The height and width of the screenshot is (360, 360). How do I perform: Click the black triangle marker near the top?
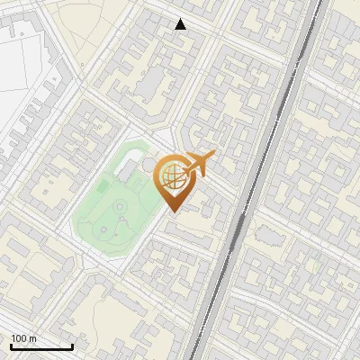tap(181, 24)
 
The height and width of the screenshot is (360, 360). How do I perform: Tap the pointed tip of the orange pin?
tap(174, 211)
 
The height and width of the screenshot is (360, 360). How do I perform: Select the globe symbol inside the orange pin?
tap(173, 177)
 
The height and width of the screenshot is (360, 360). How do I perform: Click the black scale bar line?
tap(40, 346)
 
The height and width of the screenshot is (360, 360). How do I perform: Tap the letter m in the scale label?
tap(33, 338)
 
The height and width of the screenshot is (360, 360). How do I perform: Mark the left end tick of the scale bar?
tap(10, 345)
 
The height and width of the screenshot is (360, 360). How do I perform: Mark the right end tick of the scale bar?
tap(71, 345)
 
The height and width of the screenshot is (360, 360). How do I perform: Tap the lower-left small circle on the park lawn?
tap(104, 230)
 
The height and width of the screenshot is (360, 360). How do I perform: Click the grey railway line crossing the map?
tap(270, 135)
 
